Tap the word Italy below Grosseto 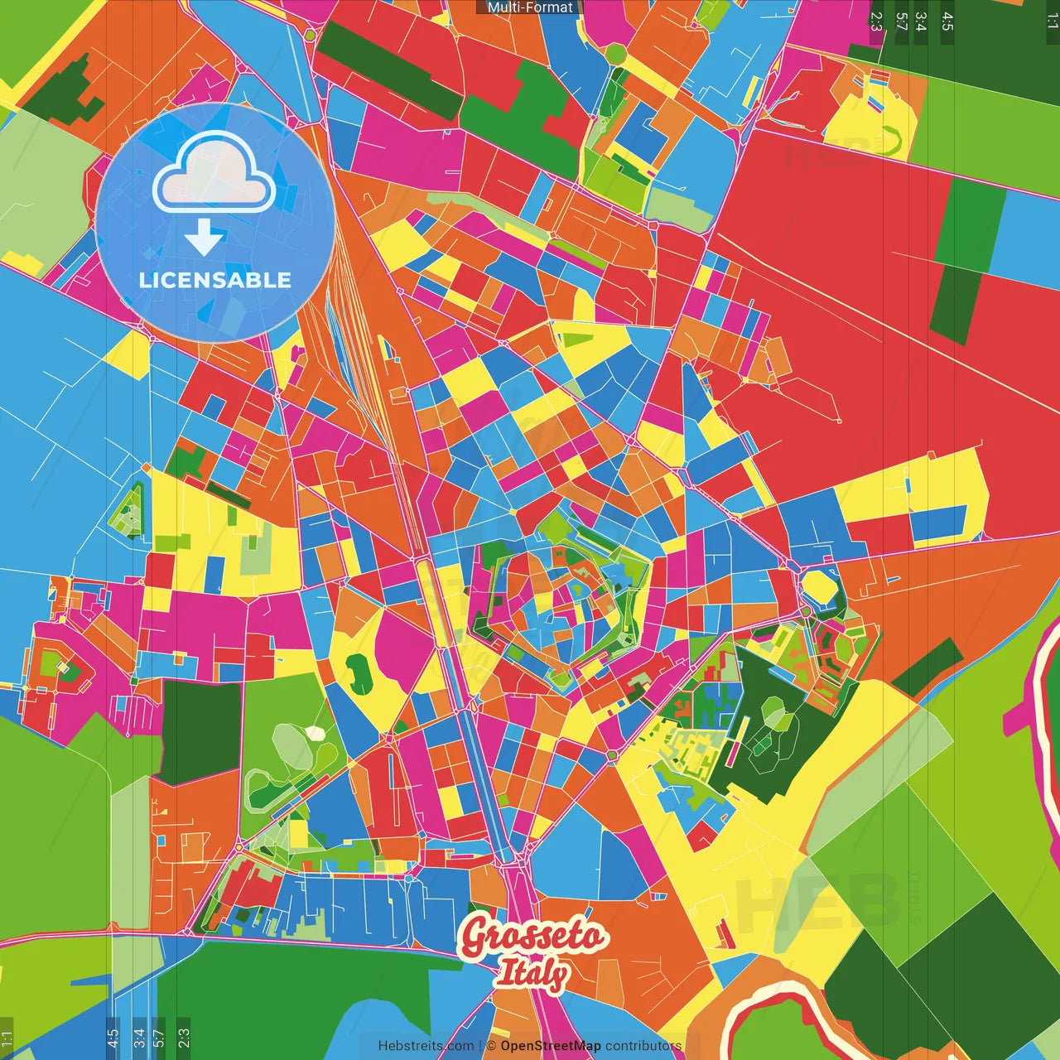(532, 974)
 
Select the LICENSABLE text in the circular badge (215, 280)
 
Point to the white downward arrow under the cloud (204, 237)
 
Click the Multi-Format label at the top (530, 7)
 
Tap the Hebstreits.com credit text (426, 1046)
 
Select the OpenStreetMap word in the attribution (551, 1046)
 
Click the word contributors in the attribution (643, 1046)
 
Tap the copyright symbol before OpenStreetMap (491, 1046)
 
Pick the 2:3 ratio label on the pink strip (876, 21)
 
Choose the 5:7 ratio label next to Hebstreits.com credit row (159, 1036)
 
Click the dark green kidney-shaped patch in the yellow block (360, 672)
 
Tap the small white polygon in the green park (316, 733)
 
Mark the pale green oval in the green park (291, 744)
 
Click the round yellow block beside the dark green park (819, 587)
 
